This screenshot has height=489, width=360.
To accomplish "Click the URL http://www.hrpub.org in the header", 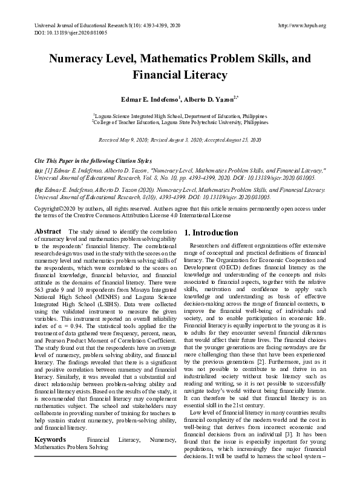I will [x=301, y=25].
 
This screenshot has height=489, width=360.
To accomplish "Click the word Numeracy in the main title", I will [x=81, y=60].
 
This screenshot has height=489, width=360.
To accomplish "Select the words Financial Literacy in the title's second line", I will [x=180, y=76].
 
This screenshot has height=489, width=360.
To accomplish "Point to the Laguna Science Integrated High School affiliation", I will [x=180, y=114].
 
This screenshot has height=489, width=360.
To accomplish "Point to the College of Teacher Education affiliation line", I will [x=180, y=121].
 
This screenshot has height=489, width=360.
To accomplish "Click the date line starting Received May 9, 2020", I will [x=180, y=139].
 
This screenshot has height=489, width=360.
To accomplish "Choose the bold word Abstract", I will [x=48, y=232].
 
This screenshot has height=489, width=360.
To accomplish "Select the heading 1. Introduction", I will [x=211, y=233].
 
